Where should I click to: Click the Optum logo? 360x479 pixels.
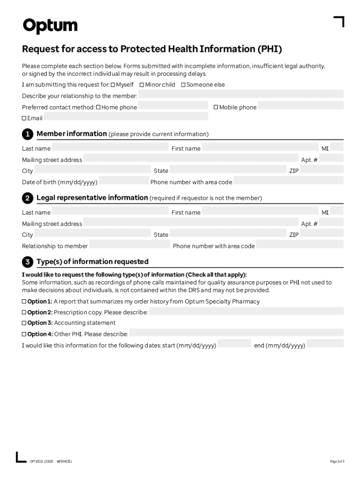point(50,26)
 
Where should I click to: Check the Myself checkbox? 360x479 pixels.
point(113,85)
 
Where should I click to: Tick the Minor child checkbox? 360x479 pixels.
point(142,85)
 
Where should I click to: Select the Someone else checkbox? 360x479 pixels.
point(183,85)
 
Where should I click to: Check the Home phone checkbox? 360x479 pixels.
point(99,108)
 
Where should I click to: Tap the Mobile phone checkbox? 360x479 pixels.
point(216,108)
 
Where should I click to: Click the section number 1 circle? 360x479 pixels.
point(27,134)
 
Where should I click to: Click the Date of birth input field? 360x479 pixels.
point(124,181)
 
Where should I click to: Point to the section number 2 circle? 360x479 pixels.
point(27,198)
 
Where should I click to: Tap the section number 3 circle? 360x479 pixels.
point(27,262)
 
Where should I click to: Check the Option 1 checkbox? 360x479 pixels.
point(24,302)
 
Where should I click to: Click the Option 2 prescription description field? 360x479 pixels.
point(246,312)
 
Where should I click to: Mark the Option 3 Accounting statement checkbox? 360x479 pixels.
point(24,323)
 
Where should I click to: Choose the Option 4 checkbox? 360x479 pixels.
point(24,334)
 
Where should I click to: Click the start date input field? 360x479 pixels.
point(234,344)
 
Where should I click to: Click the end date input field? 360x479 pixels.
point(325,344)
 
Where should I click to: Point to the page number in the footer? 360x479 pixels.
point(337,462)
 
